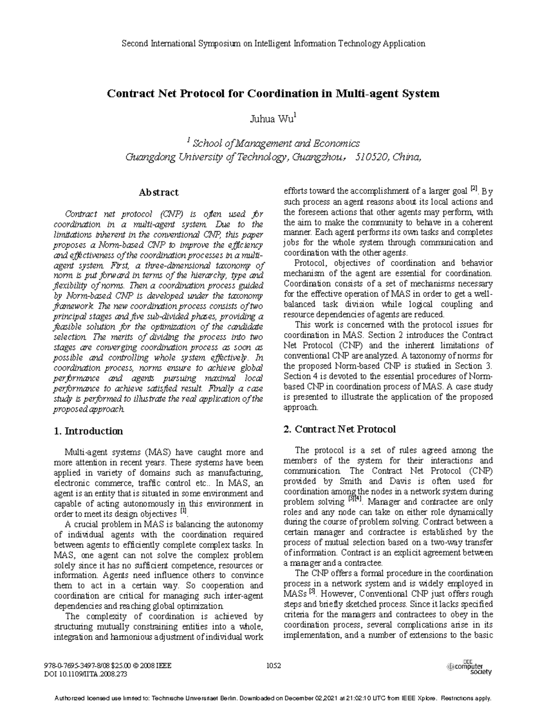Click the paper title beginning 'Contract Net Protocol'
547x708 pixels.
point(273,94)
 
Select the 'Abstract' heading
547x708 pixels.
point(159,192)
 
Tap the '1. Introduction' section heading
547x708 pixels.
point(88,431)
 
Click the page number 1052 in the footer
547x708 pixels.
point(273,665)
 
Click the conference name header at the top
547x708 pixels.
point(273,44)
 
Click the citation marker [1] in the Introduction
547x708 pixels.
point(184,512)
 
